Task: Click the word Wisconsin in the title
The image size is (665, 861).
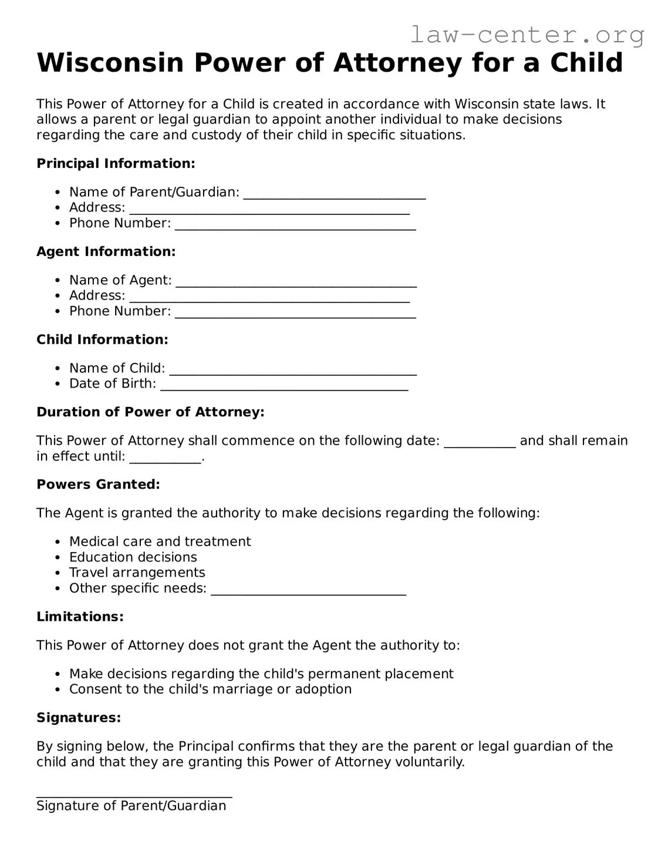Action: (110, 63)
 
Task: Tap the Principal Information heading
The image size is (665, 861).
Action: (116, 163)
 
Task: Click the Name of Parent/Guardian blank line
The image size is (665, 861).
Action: (334, 194)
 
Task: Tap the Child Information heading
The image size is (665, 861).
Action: (102, 339)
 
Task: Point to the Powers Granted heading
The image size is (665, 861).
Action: (98, 485)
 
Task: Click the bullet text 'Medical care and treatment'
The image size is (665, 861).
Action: (160, 542)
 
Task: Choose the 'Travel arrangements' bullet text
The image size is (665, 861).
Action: (137, 573)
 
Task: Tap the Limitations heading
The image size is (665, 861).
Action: (80, 617)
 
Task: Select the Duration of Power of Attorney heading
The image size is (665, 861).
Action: (150, 412)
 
